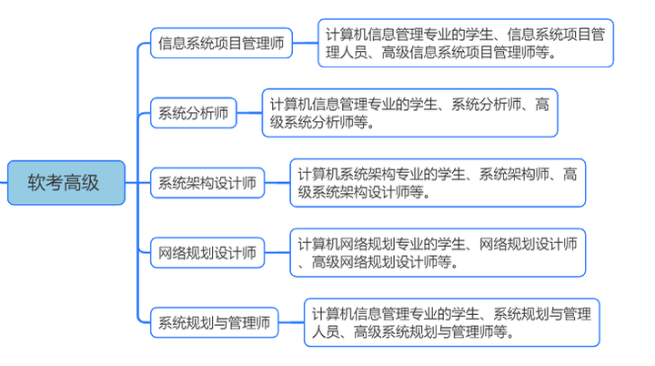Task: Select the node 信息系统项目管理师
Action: [x=221, y=42]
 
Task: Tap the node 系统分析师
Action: [x=193, y=114]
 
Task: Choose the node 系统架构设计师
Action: [x=207, y=183]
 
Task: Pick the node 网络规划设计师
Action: [x=207, y=252]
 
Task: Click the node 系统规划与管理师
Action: [x=214, y=321]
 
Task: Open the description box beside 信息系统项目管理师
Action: [x=465, y=43]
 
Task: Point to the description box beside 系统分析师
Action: [x=409, y=113]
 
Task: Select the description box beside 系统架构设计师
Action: [x=438, y=183]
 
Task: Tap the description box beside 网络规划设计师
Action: [x=438, y=252]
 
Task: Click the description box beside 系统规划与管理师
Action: [x=451, y=322]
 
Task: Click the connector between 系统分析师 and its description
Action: [x=249, y=114]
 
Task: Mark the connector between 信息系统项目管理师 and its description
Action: [x=305, y=43]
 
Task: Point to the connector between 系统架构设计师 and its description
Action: [x=277, y=183]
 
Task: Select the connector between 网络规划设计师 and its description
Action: [x=277, y=252]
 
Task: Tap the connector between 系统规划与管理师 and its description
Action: [x=290, y=321]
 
